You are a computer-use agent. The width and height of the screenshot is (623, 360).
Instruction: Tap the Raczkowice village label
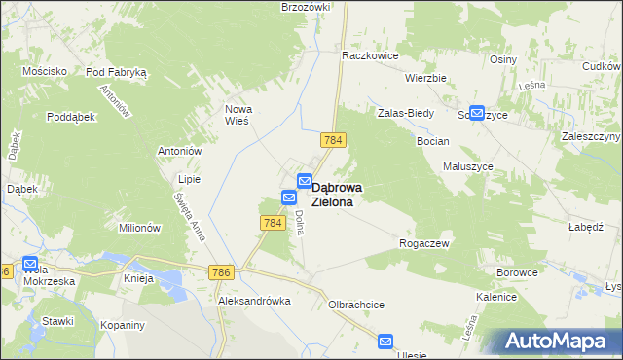coord(370,56)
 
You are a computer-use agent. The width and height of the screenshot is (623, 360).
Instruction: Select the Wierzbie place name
coord(425,78)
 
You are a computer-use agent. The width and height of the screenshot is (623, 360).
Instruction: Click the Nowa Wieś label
coord(238,115)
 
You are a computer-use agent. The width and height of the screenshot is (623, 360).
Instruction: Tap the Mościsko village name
coord(45,71)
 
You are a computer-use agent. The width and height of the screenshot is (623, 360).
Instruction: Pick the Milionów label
coord(139,228)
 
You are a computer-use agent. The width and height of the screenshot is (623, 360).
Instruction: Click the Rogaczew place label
coord(424,243)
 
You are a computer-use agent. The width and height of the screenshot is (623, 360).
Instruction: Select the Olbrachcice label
coord(356,305)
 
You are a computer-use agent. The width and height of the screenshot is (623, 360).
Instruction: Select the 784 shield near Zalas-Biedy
coord(333,141)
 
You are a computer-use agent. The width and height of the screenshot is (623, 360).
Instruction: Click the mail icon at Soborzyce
coord(477,113)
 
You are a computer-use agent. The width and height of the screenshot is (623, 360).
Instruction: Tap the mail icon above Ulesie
coord(385,342)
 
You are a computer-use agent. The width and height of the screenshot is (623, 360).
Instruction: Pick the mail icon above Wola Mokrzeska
coord(29,264)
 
